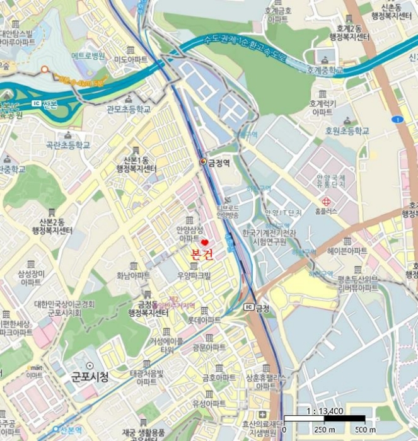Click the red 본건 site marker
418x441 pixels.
pos(204,243)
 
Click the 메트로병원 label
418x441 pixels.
pos(88,55)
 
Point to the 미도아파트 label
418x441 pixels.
pos(131,59)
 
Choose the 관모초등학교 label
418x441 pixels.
pos(129,109)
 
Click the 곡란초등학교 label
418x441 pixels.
pos(67,145)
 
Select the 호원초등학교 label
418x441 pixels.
pos(346,131)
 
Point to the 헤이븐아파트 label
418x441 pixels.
pos(347,251)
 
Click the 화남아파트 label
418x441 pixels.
pos(133,275)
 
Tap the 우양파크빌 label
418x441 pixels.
pos(194,275)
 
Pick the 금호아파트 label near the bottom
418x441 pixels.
pos(218,377)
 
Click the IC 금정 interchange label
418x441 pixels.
pos(257,307)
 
